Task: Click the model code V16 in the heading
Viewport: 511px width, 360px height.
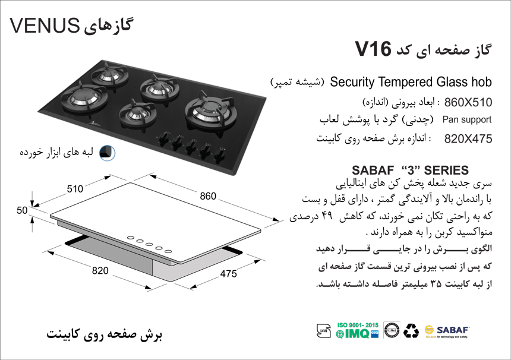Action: (373, 49)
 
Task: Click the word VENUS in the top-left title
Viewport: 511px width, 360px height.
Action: (45, 26)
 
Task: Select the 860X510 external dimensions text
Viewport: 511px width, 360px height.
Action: (468, 102)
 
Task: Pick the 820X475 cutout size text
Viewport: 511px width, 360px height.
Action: (468, 139)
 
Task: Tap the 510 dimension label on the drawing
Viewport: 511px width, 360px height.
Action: (75, 189)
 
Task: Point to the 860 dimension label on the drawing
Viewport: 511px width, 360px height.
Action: (208, 196)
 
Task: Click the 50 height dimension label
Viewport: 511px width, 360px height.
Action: (22, 210)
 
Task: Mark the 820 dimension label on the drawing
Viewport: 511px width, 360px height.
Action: (100, 270)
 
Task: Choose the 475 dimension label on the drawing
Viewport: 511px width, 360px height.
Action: (228, 274)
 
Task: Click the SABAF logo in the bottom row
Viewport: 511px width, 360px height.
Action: (447, 331)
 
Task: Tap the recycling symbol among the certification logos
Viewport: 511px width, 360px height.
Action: (411, 331)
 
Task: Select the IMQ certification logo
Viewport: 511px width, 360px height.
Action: (357, 334)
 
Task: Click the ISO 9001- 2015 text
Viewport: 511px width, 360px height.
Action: (358, 325)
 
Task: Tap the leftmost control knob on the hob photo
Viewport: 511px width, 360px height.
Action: (164, 138)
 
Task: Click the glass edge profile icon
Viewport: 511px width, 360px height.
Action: (107, 153)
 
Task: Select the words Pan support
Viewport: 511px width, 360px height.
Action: (466, 120)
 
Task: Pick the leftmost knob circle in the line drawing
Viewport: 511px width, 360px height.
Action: (130, 238)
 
